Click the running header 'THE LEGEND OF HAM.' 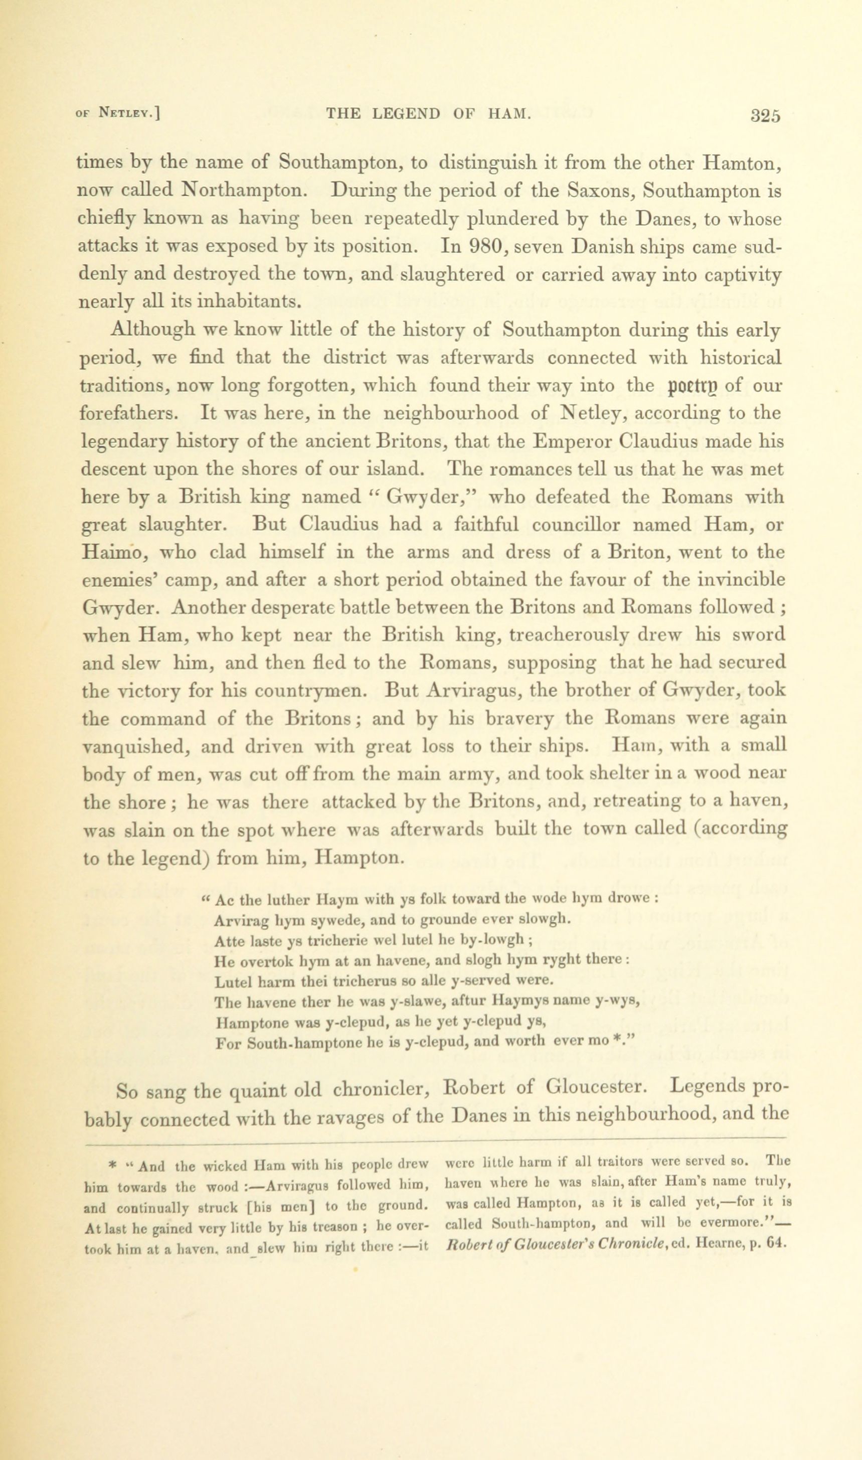(x=429, y=113)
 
